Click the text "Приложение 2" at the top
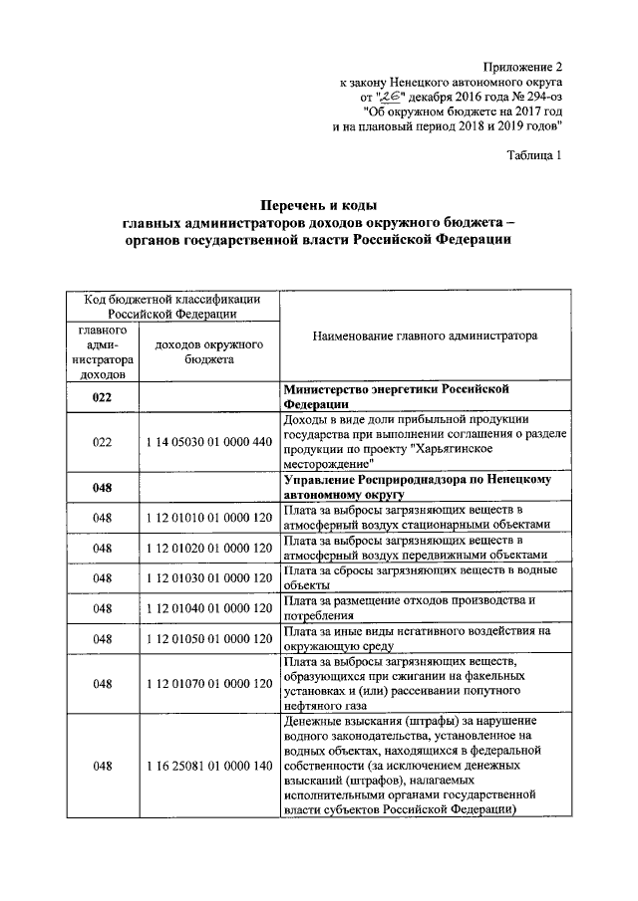(522, 65)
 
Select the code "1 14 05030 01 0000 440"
(208, 441)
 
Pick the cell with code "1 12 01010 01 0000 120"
(208, 518)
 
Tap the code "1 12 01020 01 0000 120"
(208, 548)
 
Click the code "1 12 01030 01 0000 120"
(208, 577)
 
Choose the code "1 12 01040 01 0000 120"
(208, 607)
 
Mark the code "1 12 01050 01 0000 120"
(208, 638)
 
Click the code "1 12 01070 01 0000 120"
(208, 683)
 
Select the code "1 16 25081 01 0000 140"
(208, 767)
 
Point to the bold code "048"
(102, 487)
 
